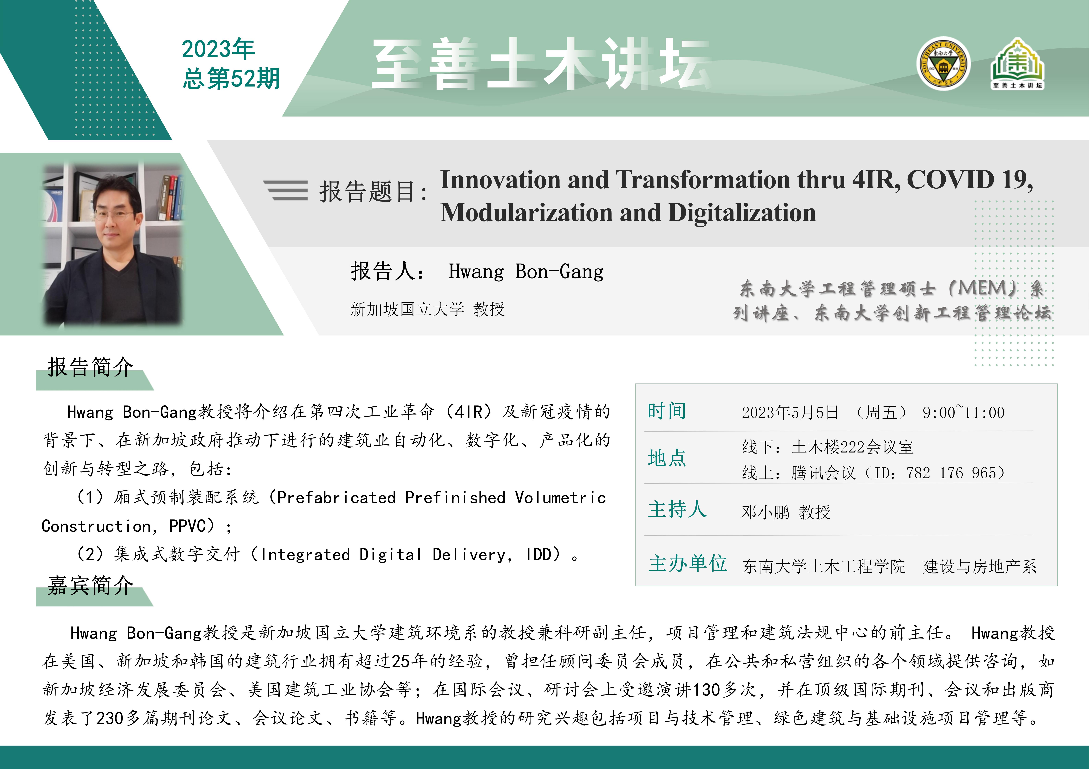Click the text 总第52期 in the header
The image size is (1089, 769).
pos(231,78)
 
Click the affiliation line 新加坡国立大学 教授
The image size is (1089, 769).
pos(427,309)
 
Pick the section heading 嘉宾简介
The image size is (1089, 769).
pos(90,586)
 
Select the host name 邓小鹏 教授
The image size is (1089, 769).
pos(786,512)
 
